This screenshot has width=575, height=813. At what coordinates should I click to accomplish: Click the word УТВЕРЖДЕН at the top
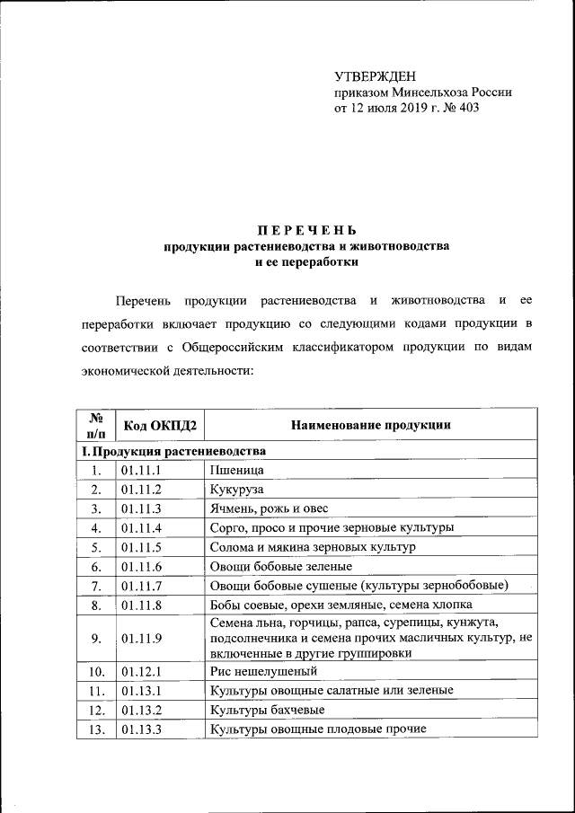coord(375,74)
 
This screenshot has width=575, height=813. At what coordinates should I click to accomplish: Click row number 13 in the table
coord(95,729)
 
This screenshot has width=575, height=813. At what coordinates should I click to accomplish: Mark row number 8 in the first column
coord(95,605)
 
